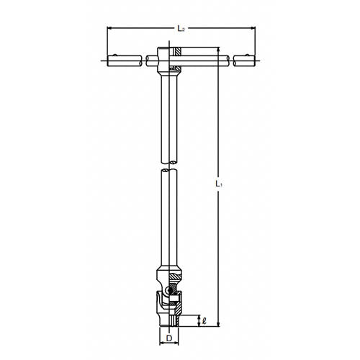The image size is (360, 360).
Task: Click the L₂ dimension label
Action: click(x=181, y=28)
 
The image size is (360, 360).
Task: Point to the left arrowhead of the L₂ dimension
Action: click(x=110, y=30)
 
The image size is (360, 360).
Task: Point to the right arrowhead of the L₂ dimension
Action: click(x=253, y=30)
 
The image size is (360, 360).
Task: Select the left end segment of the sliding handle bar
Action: click(x=124, y=60)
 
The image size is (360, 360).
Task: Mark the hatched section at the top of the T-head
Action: click(x=176, y=52)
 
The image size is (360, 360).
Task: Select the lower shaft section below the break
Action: click(x=168, y=216)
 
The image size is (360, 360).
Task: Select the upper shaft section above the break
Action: click(x=168, y=115)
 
